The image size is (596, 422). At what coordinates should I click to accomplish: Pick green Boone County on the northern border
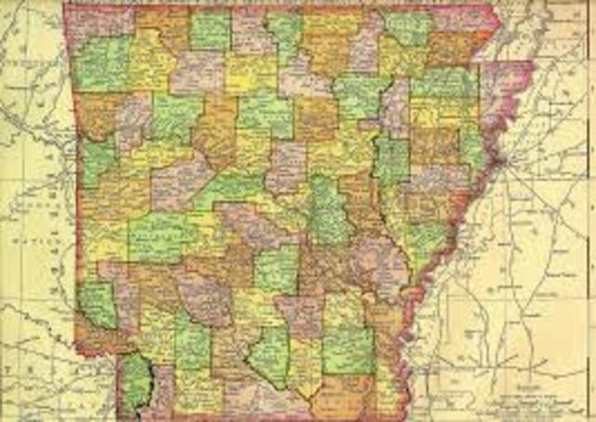click(x=209, y=31)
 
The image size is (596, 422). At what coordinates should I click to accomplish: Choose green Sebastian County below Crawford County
click(x=98, y=154)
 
